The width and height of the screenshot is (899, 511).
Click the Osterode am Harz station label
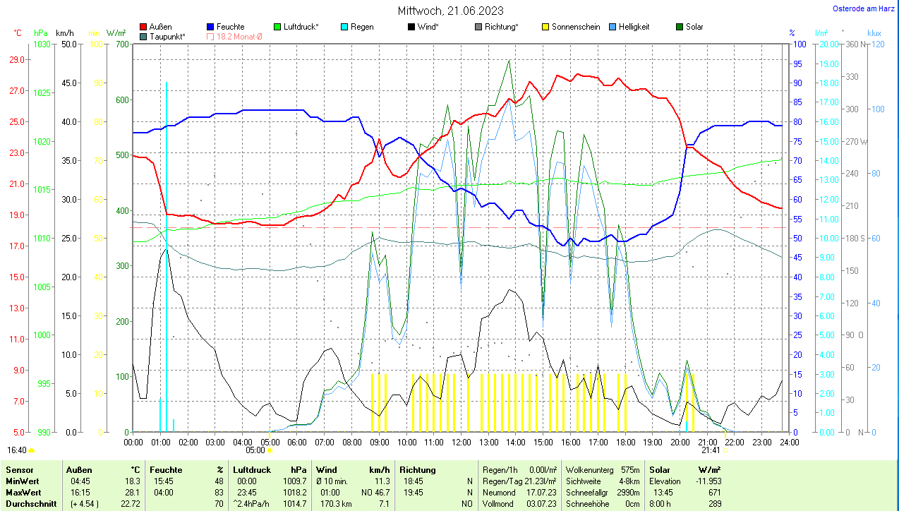tap(864, 8)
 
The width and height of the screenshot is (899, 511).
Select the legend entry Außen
tap(160, 27)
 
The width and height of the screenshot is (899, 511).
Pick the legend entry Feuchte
tap(231, 27)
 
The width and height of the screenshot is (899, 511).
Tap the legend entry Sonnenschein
tap(576, 27)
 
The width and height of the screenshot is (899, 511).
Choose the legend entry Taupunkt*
tap(167, 36)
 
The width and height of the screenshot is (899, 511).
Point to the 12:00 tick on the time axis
tap(461, 442)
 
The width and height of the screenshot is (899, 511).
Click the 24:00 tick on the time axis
tap(789, 442)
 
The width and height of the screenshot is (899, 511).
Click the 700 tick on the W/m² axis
tap(121, 44)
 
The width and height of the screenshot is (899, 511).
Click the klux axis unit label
tap(875, 33)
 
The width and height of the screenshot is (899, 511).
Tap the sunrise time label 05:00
tap(255, 450)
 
